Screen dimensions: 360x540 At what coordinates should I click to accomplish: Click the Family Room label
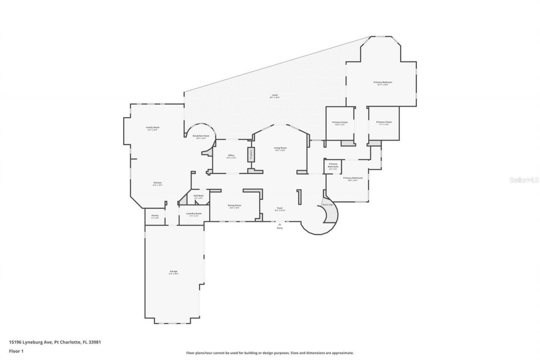152,128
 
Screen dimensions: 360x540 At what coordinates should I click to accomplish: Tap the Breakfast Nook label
201,136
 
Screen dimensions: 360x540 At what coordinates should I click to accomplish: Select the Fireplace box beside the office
250,154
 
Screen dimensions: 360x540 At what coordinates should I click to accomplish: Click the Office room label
231,156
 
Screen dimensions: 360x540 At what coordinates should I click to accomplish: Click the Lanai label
275,96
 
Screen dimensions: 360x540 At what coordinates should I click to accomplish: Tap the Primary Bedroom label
383,83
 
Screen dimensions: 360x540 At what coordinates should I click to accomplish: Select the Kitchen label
157,184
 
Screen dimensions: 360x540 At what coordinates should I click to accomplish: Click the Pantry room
155,216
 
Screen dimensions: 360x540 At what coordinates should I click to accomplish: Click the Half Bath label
199,196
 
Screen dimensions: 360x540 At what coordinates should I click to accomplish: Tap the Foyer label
280,208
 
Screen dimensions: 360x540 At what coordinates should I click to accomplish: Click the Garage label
173,272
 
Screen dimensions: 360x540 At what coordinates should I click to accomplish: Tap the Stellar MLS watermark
524,180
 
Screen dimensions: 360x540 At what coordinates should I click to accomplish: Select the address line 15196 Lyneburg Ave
55,342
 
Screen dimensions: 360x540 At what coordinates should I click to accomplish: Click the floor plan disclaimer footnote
270,353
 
